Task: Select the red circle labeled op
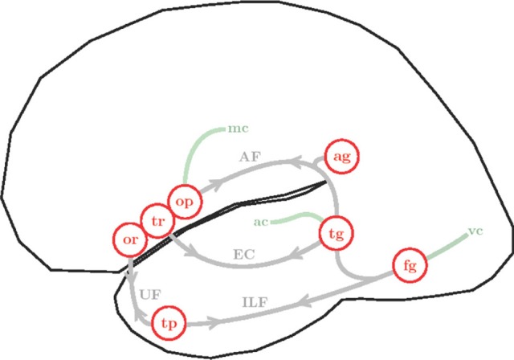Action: point(184,201)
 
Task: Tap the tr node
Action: point(157,219)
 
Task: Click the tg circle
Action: point(336,234)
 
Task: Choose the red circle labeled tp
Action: point(169,323)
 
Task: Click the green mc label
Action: point(238,128)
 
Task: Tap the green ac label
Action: point(261,221)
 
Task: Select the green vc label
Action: point(475,233)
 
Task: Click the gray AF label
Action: point(250,157)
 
